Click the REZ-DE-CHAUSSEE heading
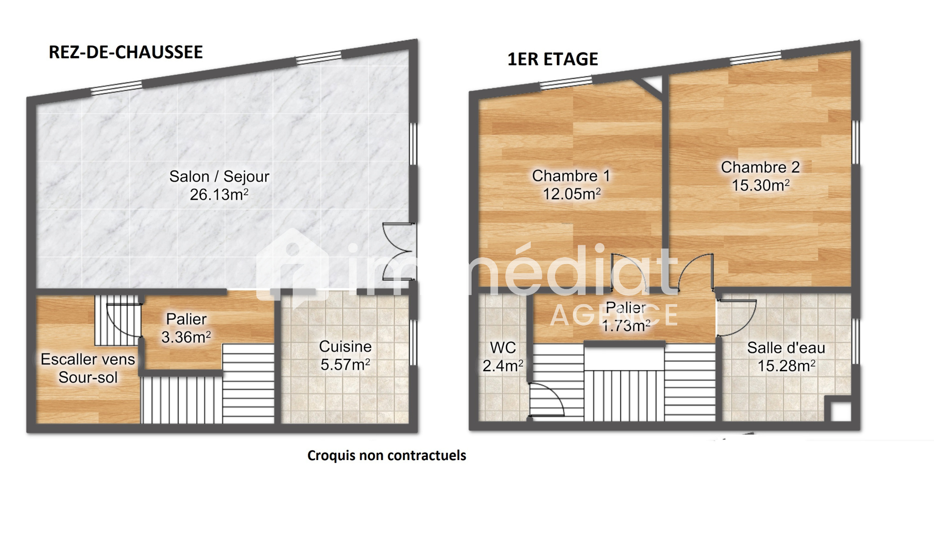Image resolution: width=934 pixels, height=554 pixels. tap(125, 52)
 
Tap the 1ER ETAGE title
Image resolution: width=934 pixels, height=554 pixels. tap(552, 59)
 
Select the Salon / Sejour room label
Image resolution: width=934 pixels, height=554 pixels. tap(219, 176)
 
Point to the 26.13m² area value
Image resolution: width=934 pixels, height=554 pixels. tap(219, 195)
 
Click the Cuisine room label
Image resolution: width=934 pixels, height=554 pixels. tap(345, 347)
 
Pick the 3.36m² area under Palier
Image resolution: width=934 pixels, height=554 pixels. tap(186, 337)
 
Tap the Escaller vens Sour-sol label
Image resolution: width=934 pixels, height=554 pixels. tap(88, 368)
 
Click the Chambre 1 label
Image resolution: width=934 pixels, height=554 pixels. tap(571, 176)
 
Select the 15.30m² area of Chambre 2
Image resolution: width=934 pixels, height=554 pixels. tap(761, 186)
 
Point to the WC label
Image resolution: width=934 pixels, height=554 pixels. tap(503, 348)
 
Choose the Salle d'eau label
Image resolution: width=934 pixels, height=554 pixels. tap(786, 348)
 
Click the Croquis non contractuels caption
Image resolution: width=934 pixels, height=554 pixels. tap(387, 456)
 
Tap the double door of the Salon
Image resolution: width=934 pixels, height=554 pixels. tap(399, 251)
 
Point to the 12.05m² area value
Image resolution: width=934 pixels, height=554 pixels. tap(571, 194)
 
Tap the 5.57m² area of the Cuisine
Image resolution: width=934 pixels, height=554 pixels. tap(345, 365)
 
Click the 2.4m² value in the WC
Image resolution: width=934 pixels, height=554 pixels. tap(503, 366)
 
